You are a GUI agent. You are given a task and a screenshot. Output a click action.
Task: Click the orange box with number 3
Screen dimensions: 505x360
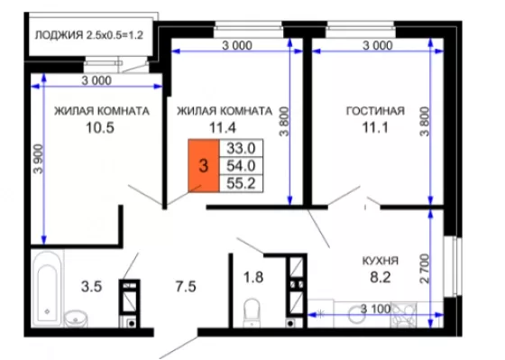(204, 166)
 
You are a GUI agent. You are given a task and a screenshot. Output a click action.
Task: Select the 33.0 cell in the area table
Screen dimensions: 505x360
(241, 148)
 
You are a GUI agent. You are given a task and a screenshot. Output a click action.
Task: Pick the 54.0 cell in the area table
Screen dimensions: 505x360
(241, 166)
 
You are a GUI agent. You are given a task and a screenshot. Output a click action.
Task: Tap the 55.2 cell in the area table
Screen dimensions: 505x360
(241, 183)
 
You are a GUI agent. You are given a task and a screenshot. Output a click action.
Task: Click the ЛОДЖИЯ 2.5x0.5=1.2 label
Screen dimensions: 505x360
(89, 35)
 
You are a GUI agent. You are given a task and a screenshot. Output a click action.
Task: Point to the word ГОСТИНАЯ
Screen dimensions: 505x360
(375, 111)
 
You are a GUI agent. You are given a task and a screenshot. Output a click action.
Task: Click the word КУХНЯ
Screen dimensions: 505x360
(381, 261)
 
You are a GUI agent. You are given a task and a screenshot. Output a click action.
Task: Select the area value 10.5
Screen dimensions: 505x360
(100, 127)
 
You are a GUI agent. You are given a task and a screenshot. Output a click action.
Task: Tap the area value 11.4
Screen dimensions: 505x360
(223, 127)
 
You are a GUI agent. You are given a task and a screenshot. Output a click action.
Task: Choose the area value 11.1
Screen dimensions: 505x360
(375, 127)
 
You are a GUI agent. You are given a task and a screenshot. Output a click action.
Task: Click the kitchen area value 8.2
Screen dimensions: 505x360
(381, 277)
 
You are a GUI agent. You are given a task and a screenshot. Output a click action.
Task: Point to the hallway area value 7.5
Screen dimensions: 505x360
(186, 287)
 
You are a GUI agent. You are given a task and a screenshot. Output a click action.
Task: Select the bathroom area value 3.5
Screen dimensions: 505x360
(91, 287)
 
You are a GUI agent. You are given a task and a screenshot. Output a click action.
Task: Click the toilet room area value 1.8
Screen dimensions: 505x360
(253, 277)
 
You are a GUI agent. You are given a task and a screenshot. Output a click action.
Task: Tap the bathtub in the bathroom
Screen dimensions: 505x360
(47, 289)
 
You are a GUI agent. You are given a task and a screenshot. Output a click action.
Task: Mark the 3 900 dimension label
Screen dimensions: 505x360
(38, 159)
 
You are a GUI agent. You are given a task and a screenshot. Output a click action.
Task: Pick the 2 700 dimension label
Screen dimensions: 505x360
(425, 269)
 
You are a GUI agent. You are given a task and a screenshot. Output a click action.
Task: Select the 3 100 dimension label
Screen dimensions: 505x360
(375, 309)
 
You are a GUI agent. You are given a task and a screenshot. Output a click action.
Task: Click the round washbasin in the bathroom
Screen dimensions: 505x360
(76, 318)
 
